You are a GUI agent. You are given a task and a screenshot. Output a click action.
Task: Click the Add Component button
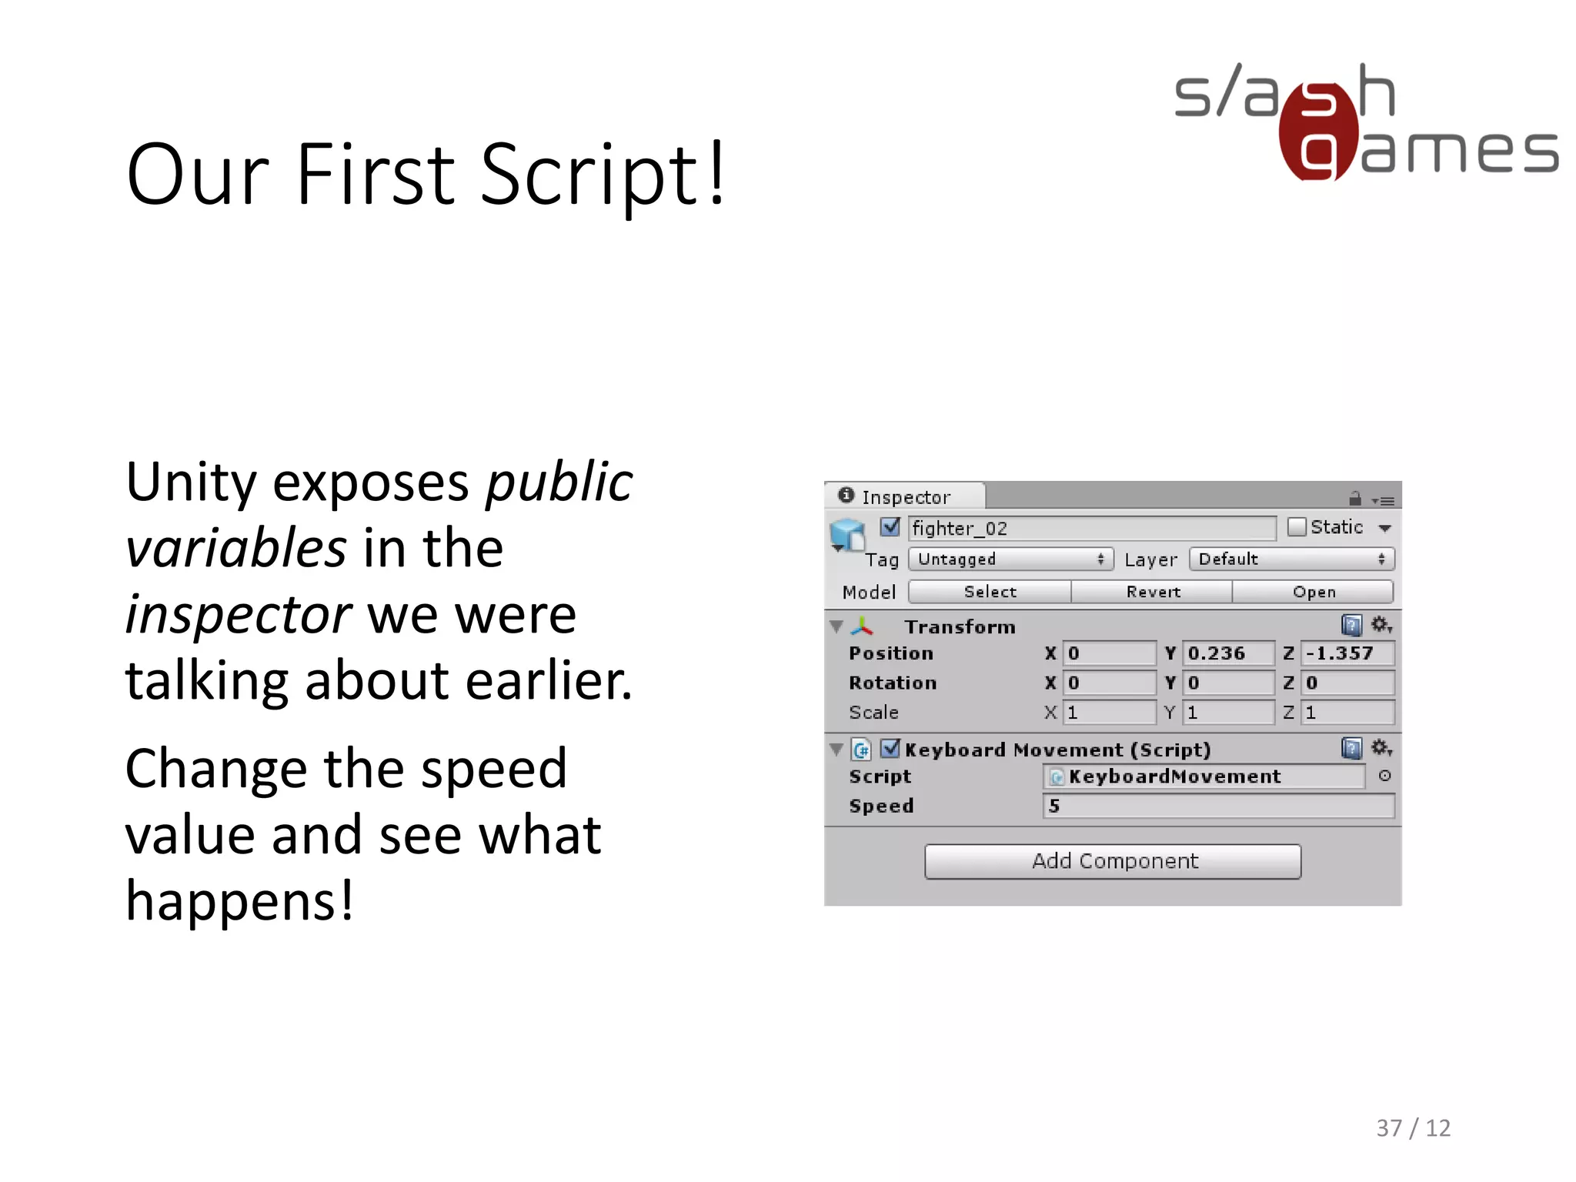tap(1113, 861)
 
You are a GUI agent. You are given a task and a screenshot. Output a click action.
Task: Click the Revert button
tap(1152, 592)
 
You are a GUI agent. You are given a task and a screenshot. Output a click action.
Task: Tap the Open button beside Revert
tap(1314, 592)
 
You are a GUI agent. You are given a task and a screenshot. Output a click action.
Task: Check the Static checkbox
tap(1297, 527)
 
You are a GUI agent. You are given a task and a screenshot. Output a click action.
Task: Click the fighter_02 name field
tap(1091, 528)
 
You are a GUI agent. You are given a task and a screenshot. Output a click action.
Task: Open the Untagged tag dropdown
tap(1010, 559)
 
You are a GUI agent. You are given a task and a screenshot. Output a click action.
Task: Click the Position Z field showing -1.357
tap(1347, 653)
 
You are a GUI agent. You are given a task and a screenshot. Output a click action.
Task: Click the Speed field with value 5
tap(1218, 806)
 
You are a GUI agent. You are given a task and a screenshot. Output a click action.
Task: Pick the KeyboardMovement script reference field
tap(1204, 776)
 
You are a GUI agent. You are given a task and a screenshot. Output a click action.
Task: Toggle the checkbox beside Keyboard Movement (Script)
tap(890, 748)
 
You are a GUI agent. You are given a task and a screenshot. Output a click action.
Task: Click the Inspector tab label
tap(905, 497)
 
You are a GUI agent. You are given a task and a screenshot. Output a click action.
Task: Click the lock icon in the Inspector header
tap(1355, 499)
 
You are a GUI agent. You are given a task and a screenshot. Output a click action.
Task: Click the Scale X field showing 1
tap(1109, 713)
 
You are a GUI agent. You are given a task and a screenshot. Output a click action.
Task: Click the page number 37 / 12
tap(1413, 1128)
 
